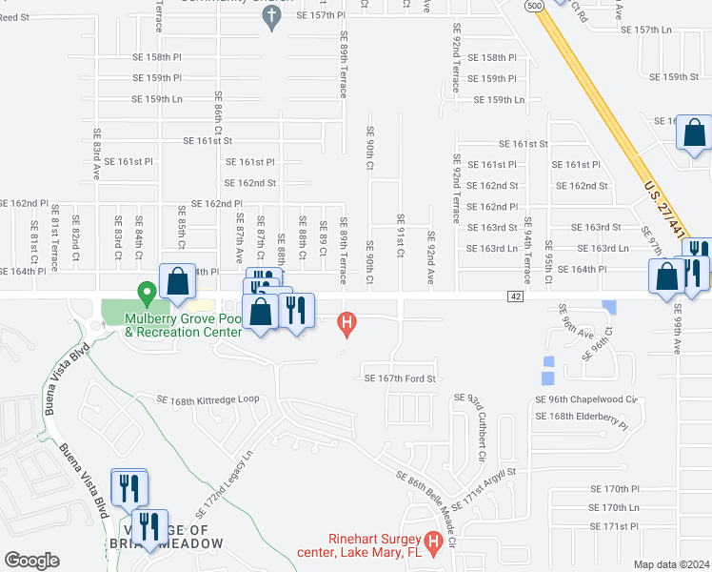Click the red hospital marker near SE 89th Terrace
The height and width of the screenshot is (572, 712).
click(347, 324)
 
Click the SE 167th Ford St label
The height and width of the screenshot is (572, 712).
click(400, 378)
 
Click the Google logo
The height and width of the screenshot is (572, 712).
click(32, 561)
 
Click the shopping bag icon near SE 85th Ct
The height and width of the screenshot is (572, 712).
click(178, 280)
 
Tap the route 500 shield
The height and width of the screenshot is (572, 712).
click(535, 5)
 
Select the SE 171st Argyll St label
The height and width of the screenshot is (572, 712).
click(483, 486)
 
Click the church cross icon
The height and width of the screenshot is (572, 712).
click(271, 15)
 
